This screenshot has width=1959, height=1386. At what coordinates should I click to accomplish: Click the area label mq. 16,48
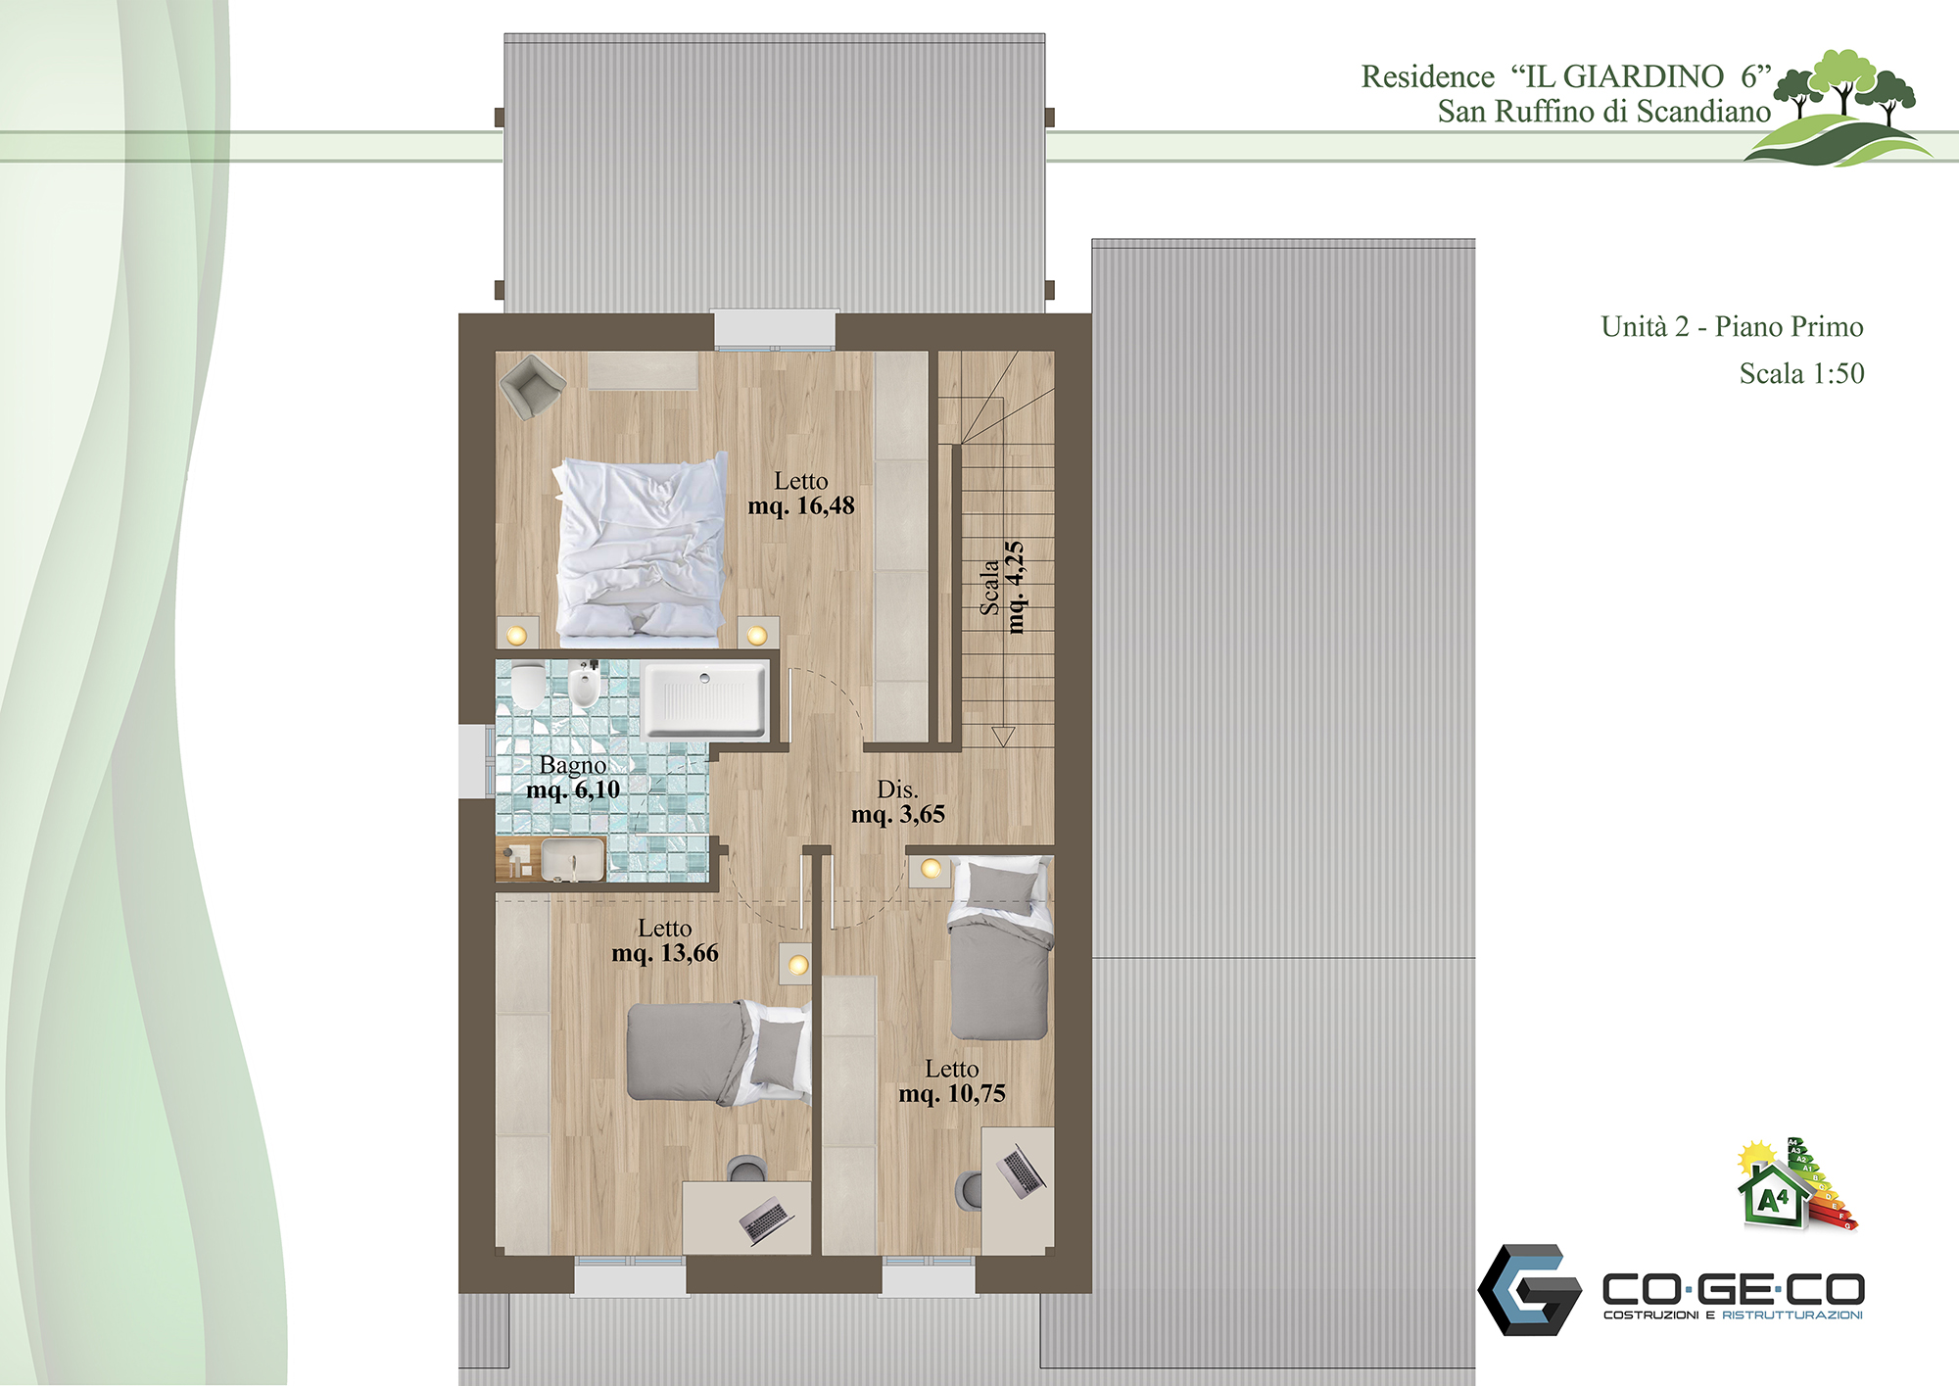801,506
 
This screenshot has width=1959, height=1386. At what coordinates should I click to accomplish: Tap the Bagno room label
573,765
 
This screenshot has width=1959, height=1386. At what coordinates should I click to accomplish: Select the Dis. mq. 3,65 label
898,802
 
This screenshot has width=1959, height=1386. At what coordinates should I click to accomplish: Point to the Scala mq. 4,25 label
1003,587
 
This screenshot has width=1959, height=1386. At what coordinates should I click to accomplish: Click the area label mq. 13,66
665,953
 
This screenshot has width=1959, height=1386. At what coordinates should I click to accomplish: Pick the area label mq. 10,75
952,1094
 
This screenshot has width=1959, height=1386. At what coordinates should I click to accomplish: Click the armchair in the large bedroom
532,386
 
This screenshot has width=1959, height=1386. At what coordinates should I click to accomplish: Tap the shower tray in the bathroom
706,698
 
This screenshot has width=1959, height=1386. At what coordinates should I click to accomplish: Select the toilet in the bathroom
527,685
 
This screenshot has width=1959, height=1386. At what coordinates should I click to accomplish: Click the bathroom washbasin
573,859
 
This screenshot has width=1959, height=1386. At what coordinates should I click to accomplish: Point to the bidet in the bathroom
584,686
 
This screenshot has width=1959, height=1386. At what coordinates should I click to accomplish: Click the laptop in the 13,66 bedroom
766,1220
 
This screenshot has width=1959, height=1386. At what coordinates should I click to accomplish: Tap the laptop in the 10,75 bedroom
1020,1171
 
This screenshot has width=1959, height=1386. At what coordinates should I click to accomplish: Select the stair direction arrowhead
1003,737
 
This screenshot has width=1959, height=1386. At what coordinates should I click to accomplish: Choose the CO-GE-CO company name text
1733,1288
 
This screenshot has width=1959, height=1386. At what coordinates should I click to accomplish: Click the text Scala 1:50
1801,373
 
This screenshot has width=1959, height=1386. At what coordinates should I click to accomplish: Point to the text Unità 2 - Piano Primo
1732,326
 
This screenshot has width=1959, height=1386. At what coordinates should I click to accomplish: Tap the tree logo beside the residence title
1839,108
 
